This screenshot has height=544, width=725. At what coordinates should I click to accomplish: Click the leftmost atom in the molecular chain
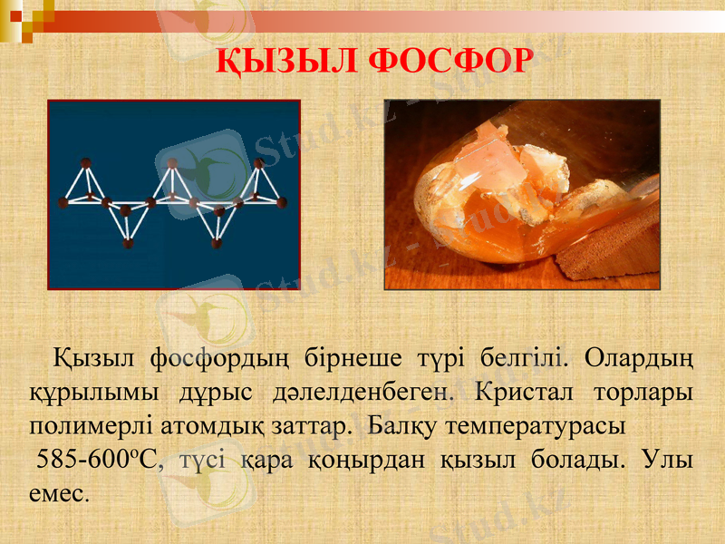pos(63,201)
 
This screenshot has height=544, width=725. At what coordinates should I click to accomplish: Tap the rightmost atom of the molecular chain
pos(282,201)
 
